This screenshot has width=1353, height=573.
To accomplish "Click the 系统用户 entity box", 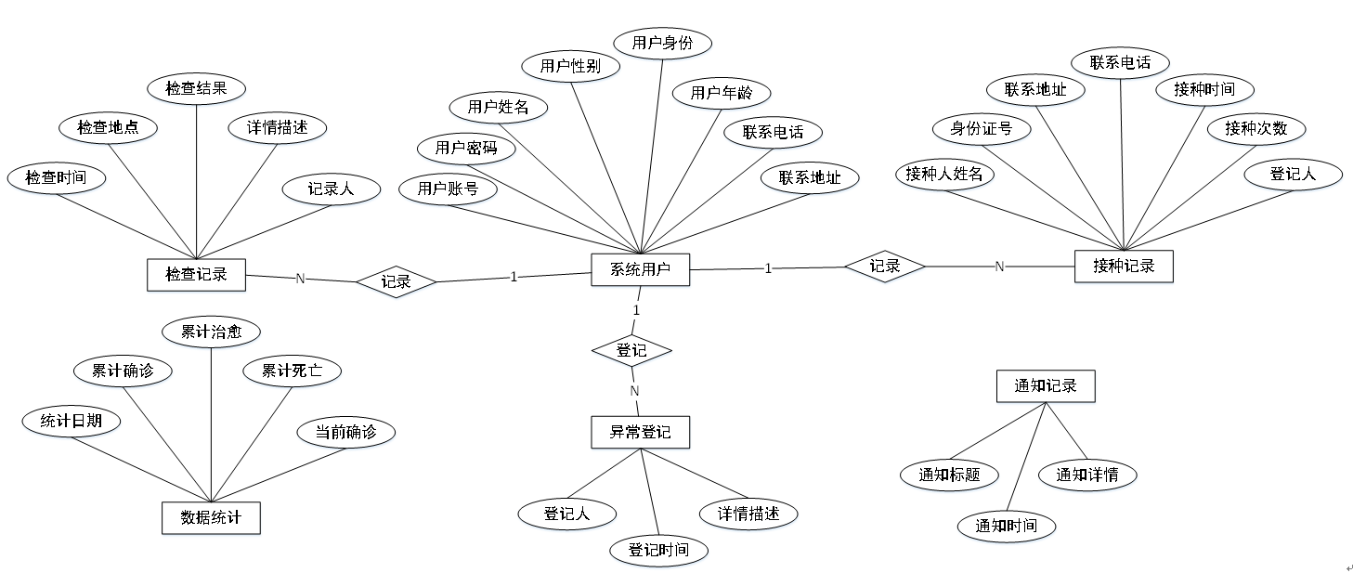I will (x=640, y=270).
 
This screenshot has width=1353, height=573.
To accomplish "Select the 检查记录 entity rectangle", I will (x=196, y=274).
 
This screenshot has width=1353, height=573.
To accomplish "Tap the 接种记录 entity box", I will (x=1124, y=266).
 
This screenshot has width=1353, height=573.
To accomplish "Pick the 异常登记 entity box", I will (x=640, y=432).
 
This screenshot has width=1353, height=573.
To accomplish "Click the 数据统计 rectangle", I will (x=211, y=517).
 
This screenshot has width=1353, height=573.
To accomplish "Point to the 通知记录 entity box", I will (x=1046, y=385).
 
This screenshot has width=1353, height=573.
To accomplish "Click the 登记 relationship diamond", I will (x=631, y=351).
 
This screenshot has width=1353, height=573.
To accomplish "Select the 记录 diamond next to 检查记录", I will (x=397, y=281).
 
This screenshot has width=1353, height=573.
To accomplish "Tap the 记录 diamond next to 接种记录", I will (x=884, y=266).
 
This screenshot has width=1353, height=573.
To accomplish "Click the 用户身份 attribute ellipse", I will (x=662, y=43).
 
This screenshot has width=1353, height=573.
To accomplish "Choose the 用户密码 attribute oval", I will (x=466, y=148).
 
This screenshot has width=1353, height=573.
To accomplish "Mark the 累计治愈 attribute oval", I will (x=211, y=332).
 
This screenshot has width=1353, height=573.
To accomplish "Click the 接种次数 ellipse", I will (x=1255, y=129).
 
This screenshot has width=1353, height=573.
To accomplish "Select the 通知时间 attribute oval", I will (x=1006, y=526).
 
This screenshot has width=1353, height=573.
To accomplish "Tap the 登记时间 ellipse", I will (x=658, y=550).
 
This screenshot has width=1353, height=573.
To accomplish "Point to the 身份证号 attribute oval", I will (x=981, y=129).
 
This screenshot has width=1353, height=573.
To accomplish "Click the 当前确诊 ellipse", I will (x=345, y=432).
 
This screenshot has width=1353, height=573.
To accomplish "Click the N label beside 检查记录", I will (x=300, y=278).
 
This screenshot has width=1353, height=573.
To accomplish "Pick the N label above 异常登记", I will (x=635, y=391).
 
